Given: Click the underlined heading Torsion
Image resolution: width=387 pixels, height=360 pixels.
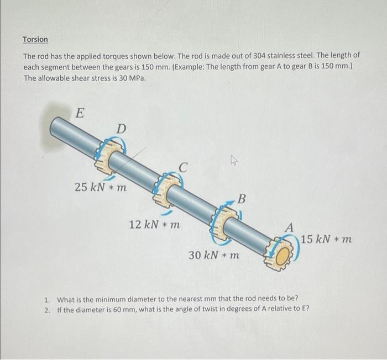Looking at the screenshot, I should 35,40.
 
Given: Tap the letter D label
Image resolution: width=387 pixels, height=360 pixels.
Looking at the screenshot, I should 121,129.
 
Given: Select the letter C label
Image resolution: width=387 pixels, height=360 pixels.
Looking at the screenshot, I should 184,165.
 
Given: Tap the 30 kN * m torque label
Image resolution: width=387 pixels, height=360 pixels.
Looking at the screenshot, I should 214,256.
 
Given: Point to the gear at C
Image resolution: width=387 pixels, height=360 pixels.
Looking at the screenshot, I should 168,189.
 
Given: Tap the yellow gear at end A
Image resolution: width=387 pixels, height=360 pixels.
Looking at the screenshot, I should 282,253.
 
